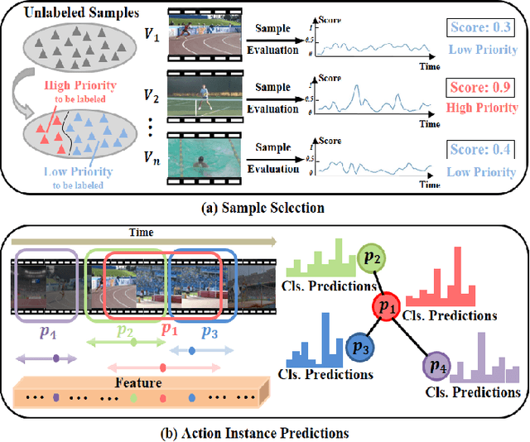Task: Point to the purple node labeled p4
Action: tap(435, 365)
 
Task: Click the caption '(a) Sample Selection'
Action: tap(264, 206)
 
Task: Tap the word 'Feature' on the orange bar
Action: tap(138, 383)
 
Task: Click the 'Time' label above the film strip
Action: tap(142, 233)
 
